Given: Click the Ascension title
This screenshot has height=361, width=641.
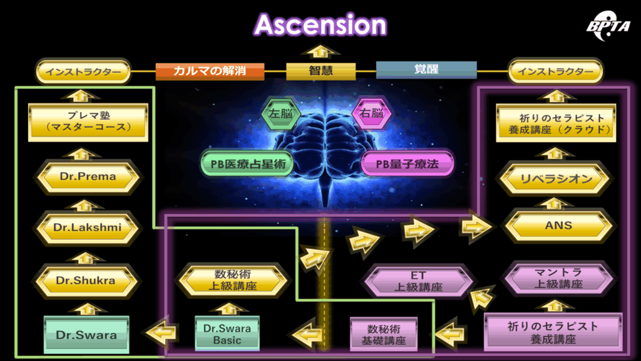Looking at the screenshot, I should (x=320, y=25).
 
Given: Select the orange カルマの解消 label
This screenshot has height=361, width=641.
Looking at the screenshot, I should (x=210, y=71).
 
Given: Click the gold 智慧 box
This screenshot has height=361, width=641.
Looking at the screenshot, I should (x=320, y=71).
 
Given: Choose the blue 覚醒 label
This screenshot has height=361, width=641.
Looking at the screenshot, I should (x=426, y=70).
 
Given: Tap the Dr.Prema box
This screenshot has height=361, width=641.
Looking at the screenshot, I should (x=88, y=177).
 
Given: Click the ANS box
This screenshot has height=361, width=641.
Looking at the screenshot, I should (x=558, y=226).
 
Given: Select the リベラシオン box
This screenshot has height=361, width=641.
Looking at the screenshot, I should (x=556, y=180).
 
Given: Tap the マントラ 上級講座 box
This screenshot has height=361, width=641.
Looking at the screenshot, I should (x=558, y=278).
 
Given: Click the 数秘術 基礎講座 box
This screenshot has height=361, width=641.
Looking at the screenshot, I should (x=384, y=334).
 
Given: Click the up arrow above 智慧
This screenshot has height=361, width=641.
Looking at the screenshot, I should (x=320, y=51).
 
